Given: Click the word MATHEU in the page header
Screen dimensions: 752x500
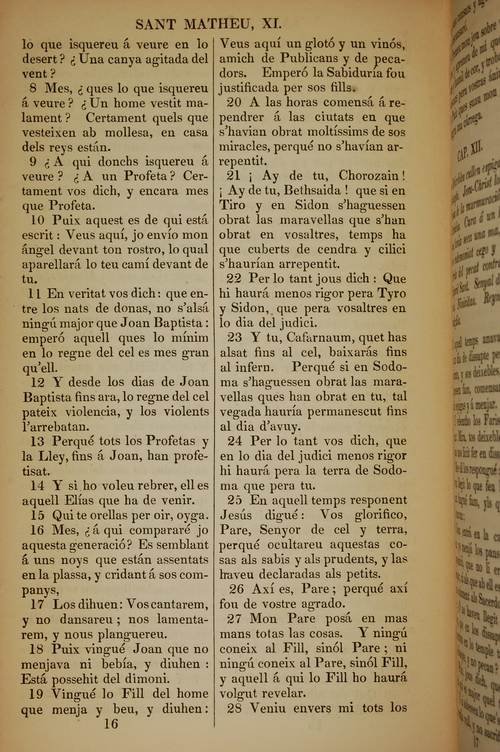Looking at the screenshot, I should (x=217, y=24).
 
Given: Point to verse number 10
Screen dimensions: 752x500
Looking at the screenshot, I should (x=37, y=220).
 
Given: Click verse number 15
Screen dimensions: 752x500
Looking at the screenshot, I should (x=37, y=515).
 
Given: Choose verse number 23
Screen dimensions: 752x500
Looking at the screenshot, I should (x=234, y=337).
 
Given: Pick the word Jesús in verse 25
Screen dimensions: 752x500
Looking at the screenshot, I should (x=236, y=515).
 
